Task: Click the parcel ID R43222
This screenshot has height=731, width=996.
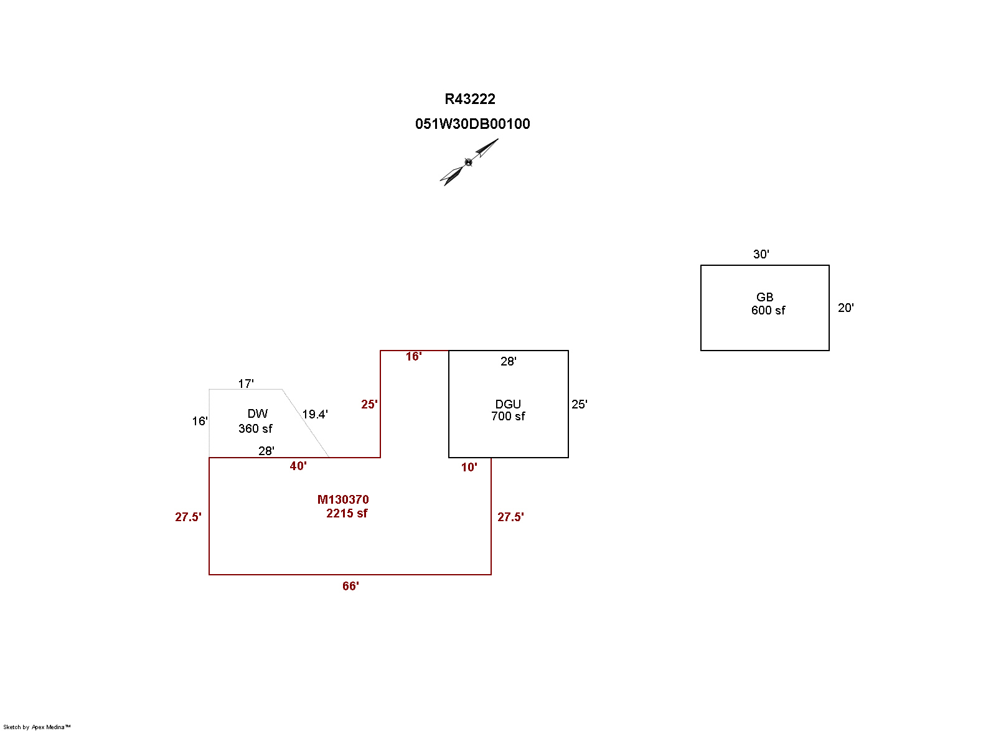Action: (x=470, y=99)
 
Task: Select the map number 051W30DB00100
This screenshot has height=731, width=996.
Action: (x=472, y=124)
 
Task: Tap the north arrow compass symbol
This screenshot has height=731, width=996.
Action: (x=469, y=163)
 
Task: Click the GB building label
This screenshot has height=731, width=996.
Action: (x=764, y=297)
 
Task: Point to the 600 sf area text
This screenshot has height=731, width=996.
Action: (x=768, y=310)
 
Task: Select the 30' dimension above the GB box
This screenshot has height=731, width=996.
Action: (x=761, y=254)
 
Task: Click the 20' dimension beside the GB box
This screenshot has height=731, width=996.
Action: (x=845, y=308)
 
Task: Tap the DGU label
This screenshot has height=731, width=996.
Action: (x=508, y=404)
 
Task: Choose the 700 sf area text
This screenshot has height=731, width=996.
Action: (x=508, y=416)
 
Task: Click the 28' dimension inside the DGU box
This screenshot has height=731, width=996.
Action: (x=508, y=361)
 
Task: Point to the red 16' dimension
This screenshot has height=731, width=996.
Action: (x=413, y=356)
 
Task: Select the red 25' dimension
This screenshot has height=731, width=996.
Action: (x=369, y=404)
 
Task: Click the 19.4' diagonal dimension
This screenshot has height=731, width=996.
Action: (x=315, y=414)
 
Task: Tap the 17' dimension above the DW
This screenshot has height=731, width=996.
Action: (x=246, y=384)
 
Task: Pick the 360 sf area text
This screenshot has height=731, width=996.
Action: (x=255, y=428)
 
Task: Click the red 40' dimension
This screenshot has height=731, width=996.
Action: (x=298, y=466)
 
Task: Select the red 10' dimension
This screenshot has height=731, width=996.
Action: (x=469, y=467)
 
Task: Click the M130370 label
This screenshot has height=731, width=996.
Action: (x=343, y=499)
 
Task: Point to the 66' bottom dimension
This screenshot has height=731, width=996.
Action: (x=350, y=586)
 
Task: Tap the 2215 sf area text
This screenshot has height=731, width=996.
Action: (x=347, y=513)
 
